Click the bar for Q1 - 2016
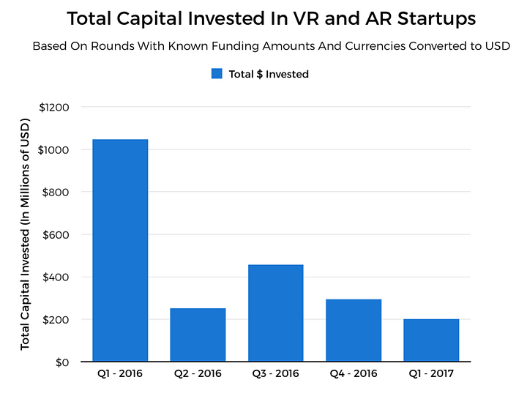[120, 250]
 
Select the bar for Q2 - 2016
[198, 335]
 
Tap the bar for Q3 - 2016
[275, 313]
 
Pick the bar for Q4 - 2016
[353, 330]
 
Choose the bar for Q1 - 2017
[431, 340]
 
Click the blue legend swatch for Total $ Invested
[217, 74]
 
